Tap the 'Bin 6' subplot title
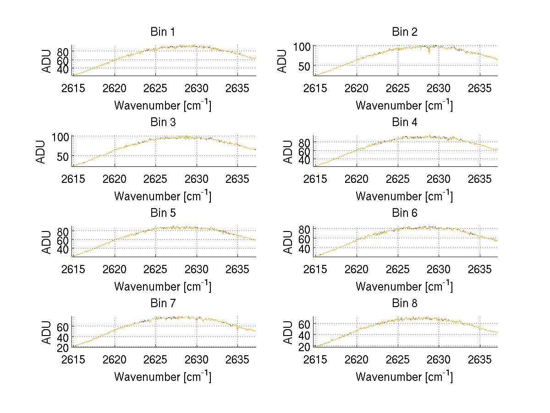coord(404,213)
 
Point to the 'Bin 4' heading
coord(404,122)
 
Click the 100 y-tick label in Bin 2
coord(302,46)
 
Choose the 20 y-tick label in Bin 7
coord(63,347)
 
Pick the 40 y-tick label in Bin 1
coord(63,69)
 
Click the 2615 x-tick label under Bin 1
coord(73,88)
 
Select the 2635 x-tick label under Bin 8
coord(480,359)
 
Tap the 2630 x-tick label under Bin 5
coord(197,269)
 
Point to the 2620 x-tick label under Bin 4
coord(356,178)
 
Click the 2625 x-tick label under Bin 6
coord(397,269)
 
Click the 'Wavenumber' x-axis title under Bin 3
coord(162,196)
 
